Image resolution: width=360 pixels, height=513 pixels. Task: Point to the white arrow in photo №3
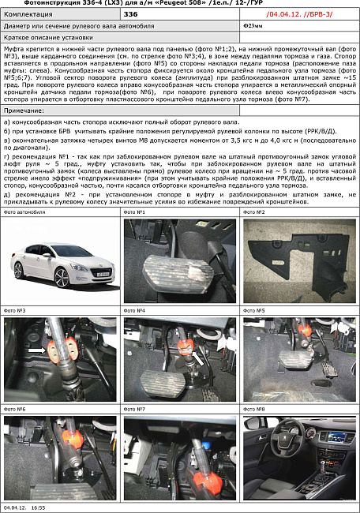[x=36, y=346]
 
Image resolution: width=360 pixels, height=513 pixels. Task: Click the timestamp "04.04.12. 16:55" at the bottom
[x=24, y=509]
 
